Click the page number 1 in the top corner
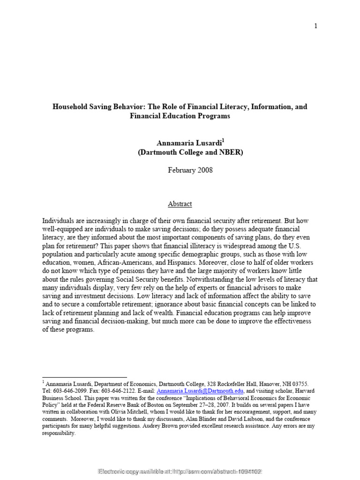316,26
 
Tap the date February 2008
190,170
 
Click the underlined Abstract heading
180,204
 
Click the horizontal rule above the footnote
84,377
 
